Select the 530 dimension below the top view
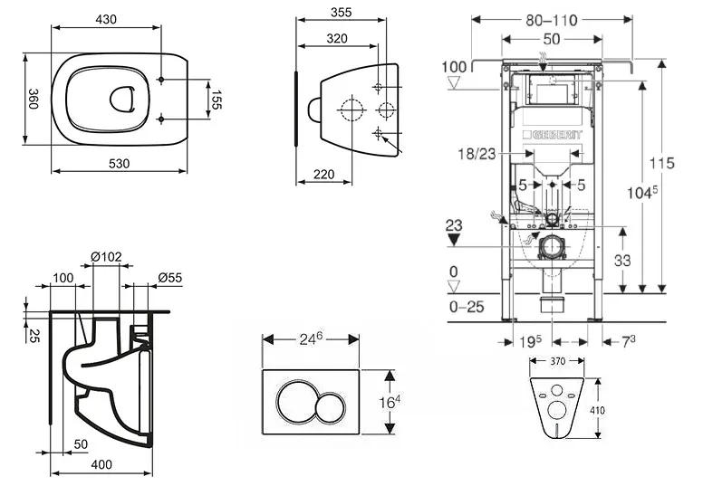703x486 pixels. [119, 163]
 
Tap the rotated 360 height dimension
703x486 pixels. [33, 100]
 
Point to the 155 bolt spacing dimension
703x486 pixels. [217, 99]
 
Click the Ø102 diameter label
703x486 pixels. [106, 257]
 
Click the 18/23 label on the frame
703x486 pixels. [477, 156]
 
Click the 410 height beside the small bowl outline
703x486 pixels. [598, 410]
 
